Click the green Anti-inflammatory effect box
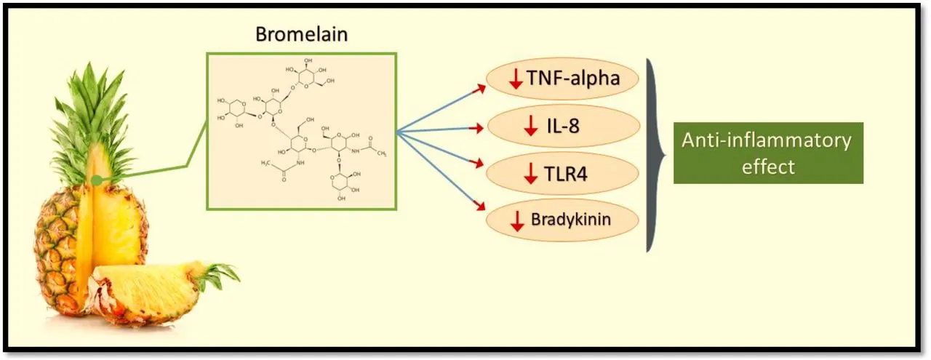coord(768,153)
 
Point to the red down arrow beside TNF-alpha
coord(516,79)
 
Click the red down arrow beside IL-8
coord(531,129)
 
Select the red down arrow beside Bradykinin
coord(517,220)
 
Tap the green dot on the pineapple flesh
coord(96,177)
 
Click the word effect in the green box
coord(768,167)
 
